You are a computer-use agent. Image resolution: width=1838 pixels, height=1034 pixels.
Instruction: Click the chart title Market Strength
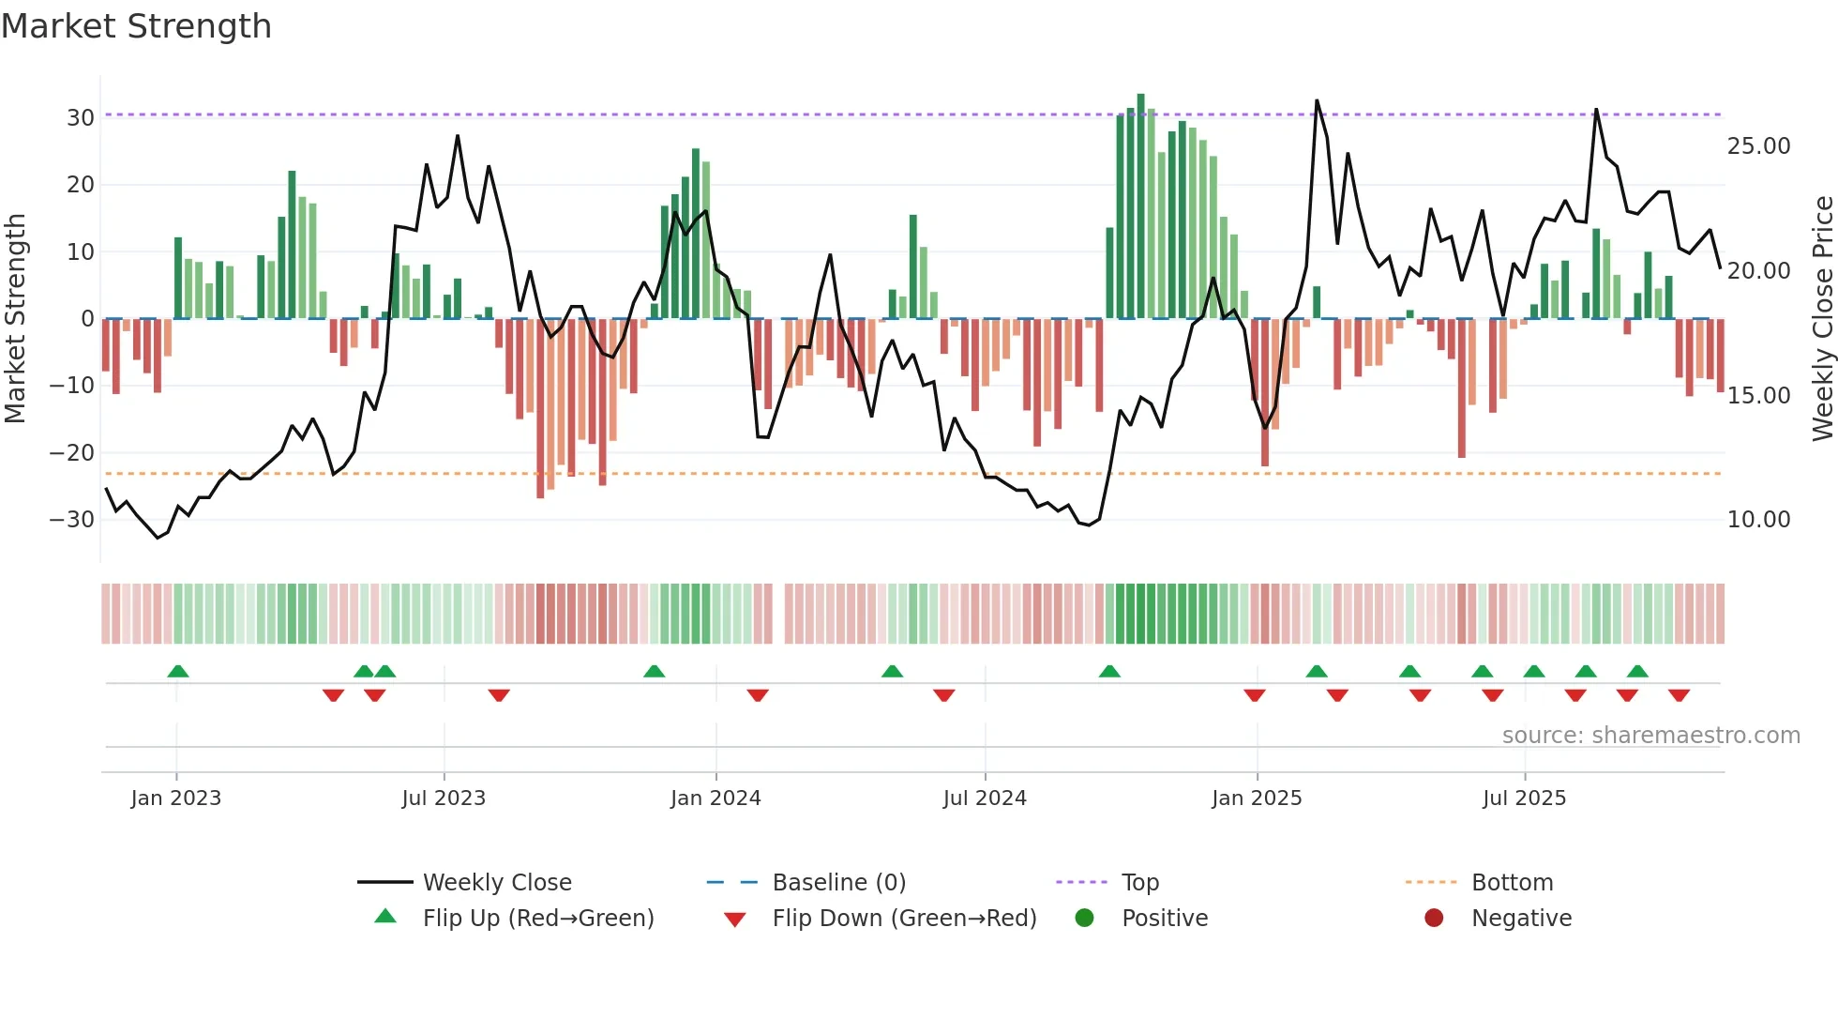[x=136, y=26]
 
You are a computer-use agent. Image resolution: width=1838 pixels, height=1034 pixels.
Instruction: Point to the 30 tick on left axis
[x=81, y=118]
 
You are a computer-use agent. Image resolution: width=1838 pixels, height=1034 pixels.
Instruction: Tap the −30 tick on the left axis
[x=73, y=520]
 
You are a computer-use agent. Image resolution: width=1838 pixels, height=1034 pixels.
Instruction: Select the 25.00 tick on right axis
[x=1758, y=146]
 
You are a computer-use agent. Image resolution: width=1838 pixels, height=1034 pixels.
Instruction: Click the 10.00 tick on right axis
[x=1758, y=520]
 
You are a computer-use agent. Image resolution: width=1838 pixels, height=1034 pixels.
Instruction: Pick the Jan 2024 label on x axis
[x=716, y=798]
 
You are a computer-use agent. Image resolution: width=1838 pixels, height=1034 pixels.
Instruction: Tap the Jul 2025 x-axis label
[x=1524, y=798]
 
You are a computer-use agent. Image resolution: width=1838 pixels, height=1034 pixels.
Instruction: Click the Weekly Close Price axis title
[x=1822, y=319]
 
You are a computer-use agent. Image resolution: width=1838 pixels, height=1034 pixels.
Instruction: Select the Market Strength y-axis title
[x=15, y=319]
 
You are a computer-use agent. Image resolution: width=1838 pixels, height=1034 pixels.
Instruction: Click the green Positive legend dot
[x=1085, y=919]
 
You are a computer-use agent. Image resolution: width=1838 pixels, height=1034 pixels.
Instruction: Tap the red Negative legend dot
[x=1434, y=919]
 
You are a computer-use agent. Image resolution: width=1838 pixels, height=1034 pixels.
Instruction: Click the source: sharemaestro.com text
[x=1650, y=736]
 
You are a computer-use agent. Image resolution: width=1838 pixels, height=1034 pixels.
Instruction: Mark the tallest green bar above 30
[x=1141, y=206]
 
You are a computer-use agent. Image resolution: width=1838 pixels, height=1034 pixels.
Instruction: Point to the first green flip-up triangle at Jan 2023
[x=178, y=671]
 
